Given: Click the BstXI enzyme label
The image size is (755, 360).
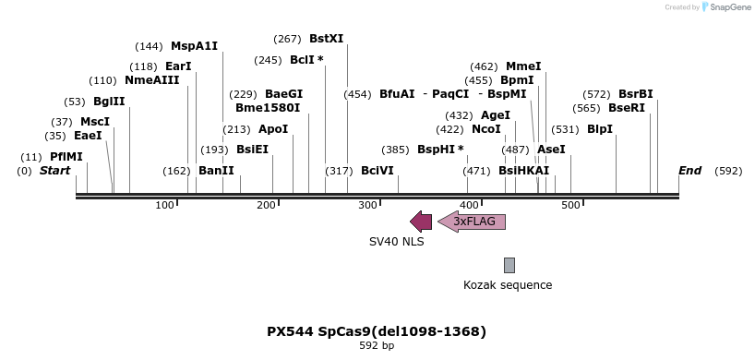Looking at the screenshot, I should point(326,39).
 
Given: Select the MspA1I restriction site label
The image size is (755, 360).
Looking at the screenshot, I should point(194,46).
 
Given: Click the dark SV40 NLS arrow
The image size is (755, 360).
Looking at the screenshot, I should point(421,222).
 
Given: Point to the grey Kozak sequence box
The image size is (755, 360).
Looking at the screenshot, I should point(509,265).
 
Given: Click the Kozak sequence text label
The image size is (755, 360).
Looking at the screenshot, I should point(508,285).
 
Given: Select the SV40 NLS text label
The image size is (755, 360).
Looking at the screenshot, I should point(397,242).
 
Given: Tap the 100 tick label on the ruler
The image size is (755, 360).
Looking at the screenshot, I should point(165,204).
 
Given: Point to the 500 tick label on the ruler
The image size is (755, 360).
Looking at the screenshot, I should point(570,204).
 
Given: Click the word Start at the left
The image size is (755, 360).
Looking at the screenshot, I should point(54,171).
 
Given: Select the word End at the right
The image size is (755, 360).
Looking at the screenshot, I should point(689,171).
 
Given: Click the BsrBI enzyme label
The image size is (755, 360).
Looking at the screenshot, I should point(635,94).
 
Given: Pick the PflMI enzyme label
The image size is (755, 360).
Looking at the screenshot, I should point(66,157).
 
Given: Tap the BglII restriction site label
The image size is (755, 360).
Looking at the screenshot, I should point(109,102).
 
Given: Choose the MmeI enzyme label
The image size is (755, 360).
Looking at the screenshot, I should point(523,66).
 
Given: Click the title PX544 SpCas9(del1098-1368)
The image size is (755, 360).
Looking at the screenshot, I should point(377,331).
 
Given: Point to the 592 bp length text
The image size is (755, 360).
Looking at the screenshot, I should point(377,346).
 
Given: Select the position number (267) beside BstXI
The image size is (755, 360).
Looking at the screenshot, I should point(287,39).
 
